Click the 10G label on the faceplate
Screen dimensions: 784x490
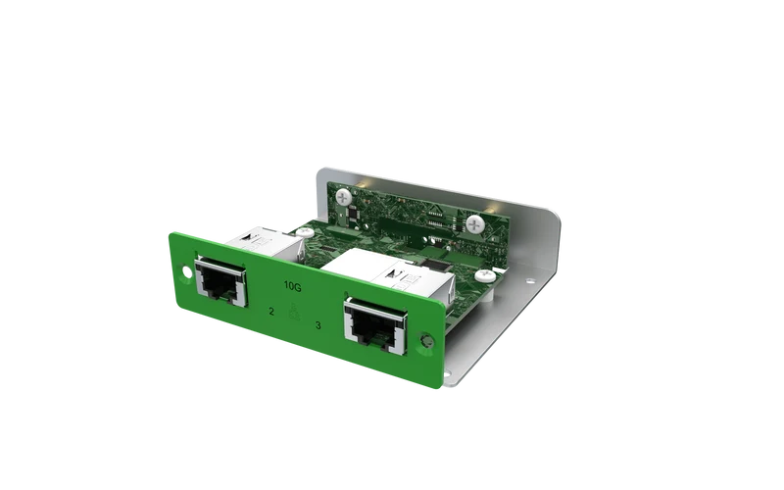click(292, 286)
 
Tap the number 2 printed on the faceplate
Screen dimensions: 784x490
click(271, 312)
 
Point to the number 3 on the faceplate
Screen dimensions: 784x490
click(318, 325)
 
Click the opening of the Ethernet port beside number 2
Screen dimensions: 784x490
click(220, 282)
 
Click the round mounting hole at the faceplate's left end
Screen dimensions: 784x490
click(186, 272)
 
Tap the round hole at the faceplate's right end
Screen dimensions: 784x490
click(426, 341)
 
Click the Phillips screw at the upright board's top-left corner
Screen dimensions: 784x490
click(344, 197)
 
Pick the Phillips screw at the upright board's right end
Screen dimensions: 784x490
click(475, 224)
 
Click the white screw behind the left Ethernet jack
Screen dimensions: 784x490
click(305, 232)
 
